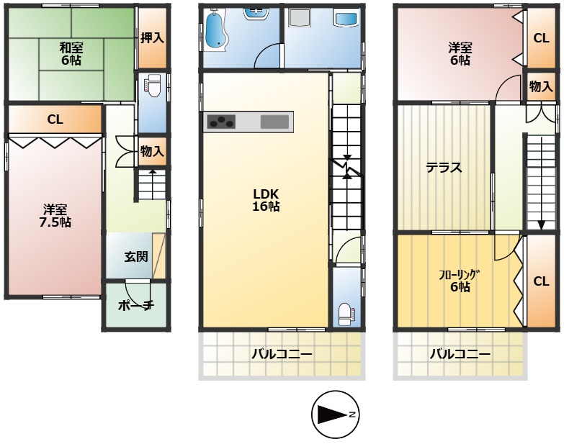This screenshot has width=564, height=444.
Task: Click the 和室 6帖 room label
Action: [71, 55]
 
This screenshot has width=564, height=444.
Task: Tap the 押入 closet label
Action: [152, 37]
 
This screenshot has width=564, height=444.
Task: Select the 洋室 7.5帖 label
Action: [55, 216]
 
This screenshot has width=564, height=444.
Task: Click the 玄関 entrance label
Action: [135, 256]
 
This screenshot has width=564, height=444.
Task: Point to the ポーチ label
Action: [136, 306]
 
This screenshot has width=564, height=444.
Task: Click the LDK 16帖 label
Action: [266, 200]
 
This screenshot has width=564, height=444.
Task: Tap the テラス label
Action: [443, 168]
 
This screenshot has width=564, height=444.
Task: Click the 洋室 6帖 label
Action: [460, 55]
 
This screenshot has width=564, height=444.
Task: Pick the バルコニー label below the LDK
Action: [282, 354]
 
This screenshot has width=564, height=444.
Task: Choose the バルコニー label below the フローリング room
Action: [460, 354]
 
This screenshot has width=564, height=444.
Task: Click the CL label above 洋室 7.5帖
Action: [55, 119]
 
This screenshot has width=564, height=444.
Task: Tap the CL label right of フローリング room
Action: [542, 281]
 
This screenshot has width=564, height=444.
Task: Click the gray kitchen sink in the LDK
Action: [274, 122]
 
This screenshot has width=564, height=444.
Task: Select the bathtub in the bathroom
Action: [215, 32]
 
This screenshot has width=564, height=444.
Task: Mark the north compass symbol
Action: [334, 414]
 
